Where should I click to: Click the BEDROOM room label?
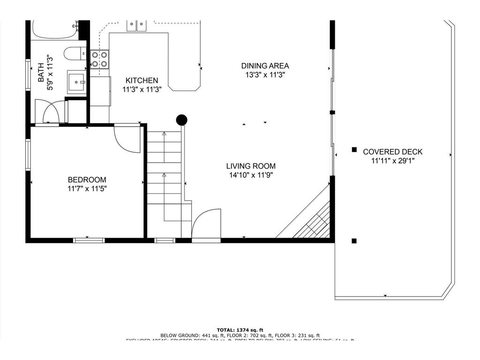[x=87, y=180]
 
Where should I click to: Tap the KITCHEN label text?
[x=142, y=81]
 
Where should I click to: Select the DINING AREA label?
[x=265, y=66]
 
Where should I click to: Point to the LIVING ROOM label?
[x=251, y=166]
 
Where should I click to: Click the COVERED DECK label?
[x=392, y=152]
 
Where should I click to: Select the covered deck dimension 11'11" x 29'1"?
[x=392, y=161]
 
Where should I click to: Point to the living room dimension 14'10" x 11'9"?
[x=251, y=175]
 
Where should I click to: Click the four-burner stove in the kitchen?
[x=99, y=60]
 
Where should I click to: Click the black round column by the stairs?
[x=181, y=120]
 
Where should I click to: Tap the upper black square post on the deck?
[x=354, y=150]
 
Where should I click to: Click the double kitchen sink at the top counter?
[x=136, y=24]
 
